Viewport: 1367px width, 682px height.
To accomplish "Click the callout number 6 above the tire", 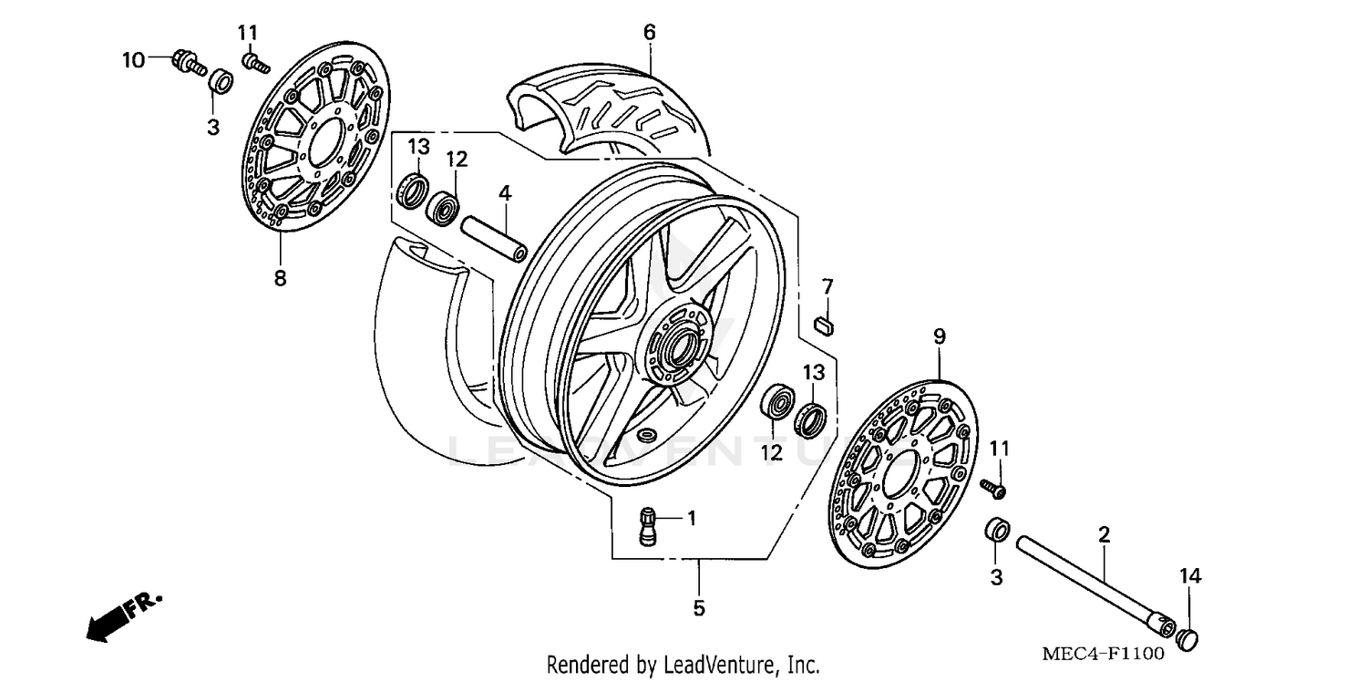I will [x=649, y=33].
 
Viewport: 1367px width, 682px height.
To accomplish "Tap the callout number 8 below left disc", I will [x=280, y=278].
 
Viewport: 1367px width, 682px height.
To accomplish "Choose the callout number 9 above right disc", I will [x=939, y=336].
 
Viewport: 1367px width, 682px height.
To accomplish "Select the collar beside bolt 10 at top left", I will [x=219, y=82].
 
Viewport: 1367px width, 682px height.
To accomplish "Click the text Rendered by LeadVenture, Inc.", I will [x=683, y=665].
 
